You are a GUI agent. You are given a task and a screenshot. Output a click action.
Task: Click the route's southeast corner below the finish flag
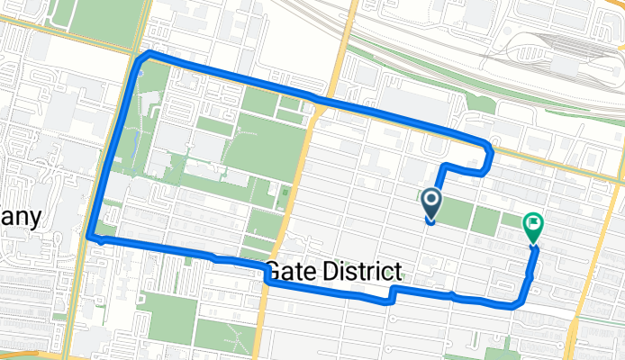click(x=521, y=304)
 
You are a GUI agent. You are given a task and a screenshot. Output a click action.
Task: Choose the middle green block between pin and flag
click(x=486, y=220)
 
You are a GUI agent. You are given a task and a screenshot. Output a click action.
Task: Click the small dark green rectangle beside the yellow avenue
click(x=285, y=193)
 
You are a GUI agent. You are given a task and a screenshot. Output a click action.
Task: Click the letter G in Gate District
click(x=274, y=269)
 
